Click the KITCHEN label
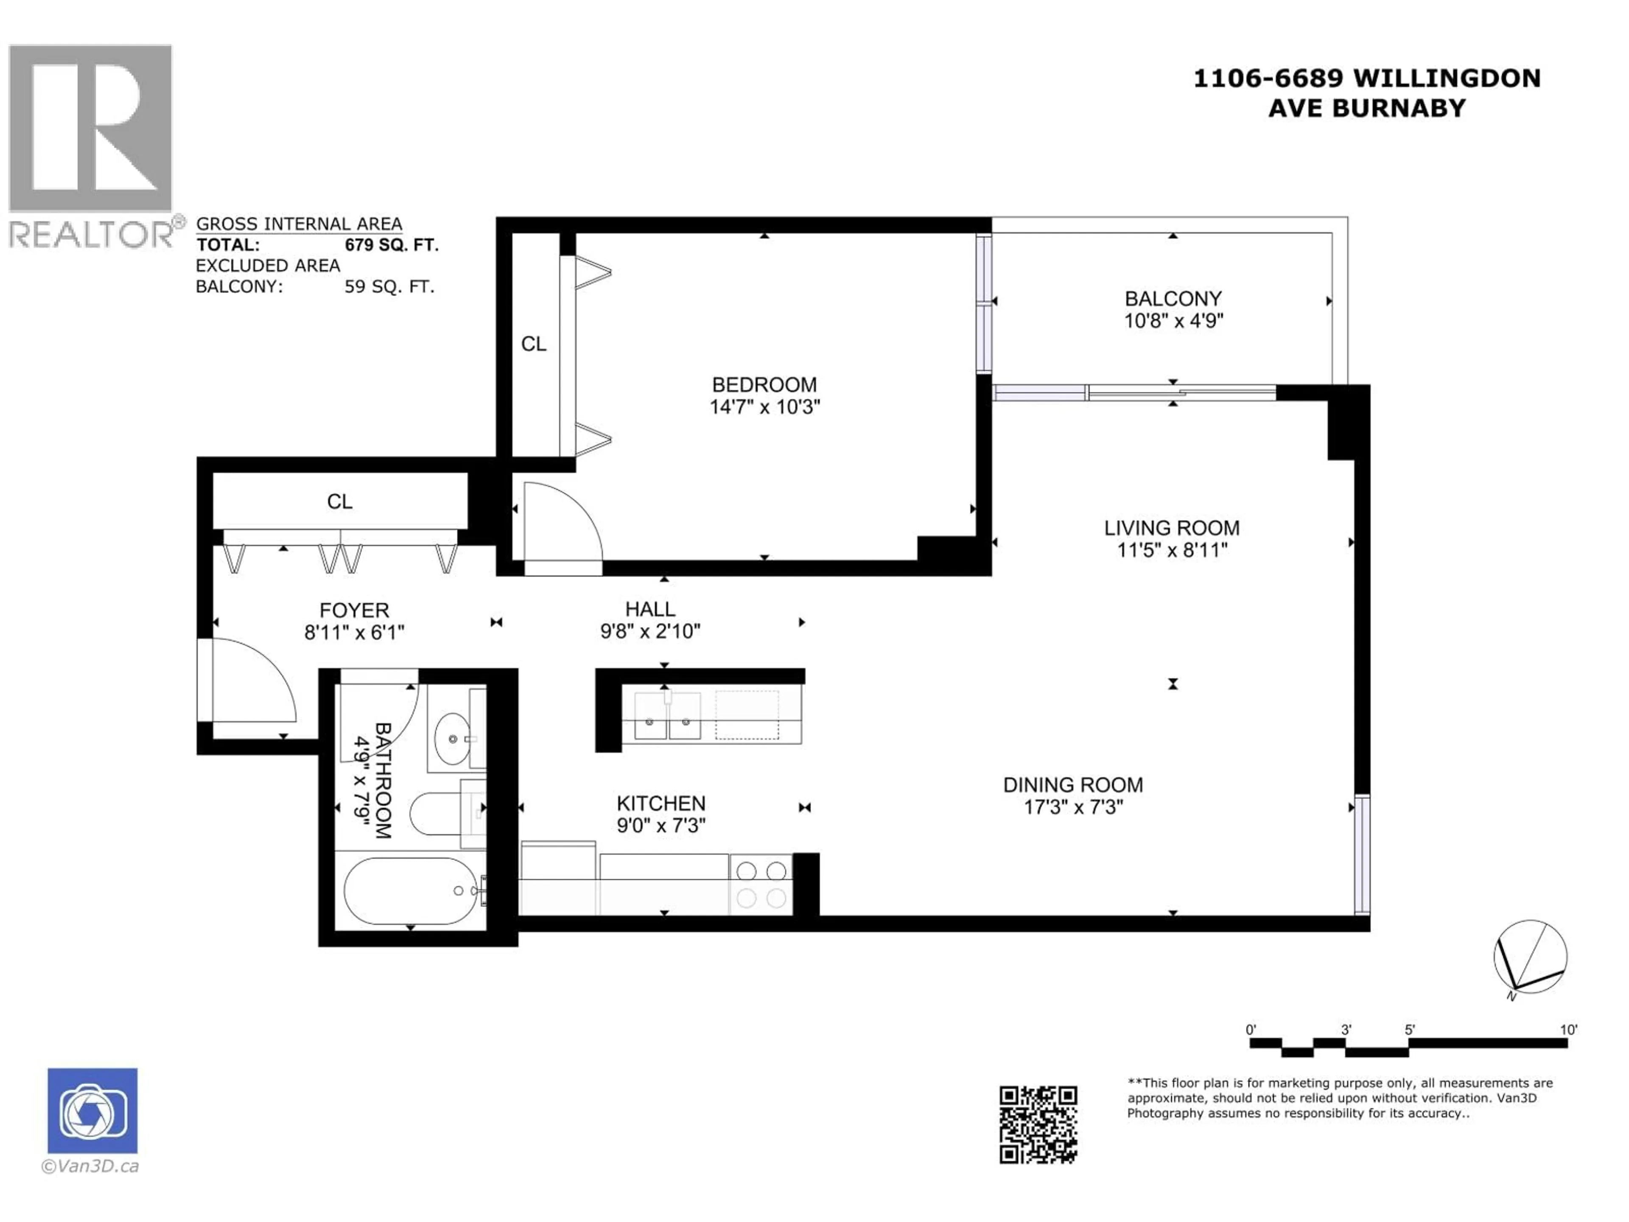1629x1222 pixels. [661, 803]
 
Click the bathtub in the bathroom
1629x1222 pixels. [410, 891]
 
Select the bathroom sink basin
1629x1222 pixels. [451, 738]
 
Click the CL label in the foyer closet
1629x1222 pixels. [339, 502]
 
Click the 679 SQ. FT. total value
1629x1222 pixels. [391, 244]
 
